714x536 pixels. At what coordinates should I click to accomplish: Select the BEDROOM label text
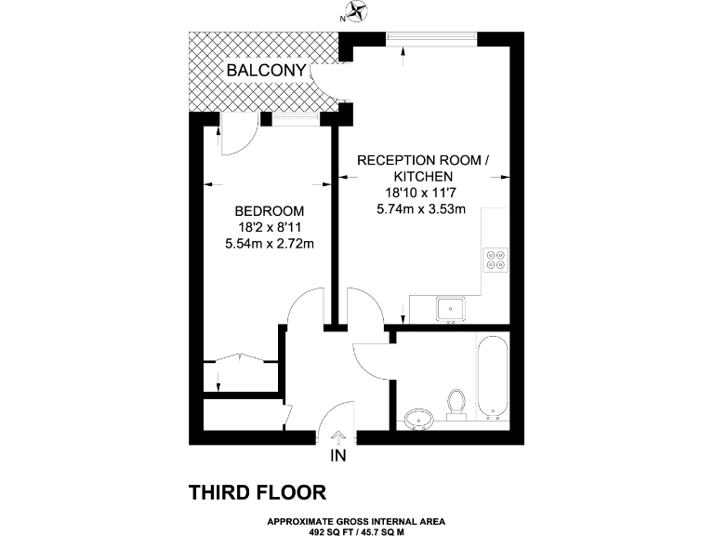pos(265,210)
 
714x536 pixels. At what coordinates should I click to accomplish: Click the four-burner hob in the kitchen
pos(495,259)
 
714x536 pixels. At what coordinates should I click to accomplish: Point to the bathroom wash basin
pos(419,417)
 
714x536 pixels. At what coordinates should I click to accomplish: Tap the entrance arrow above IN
pos(338,435)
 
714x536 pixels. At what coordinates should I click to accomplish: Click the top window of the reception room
pos(432,36)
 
